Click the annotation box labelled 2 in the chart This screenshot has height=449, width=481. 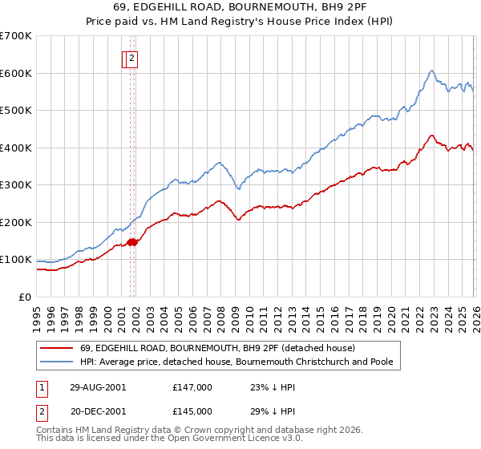click(x=131, y=58)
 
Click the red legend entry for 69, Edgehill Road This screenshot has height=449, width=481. click(x=200, y=348)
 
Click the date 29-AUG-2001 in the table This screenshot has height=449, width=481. click(x=98, y=386)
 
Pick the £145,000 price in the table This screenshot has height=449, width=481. click(x=192, y=411)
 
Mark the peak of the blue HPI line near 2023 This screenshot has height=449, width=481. click(x=431, y=71)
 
